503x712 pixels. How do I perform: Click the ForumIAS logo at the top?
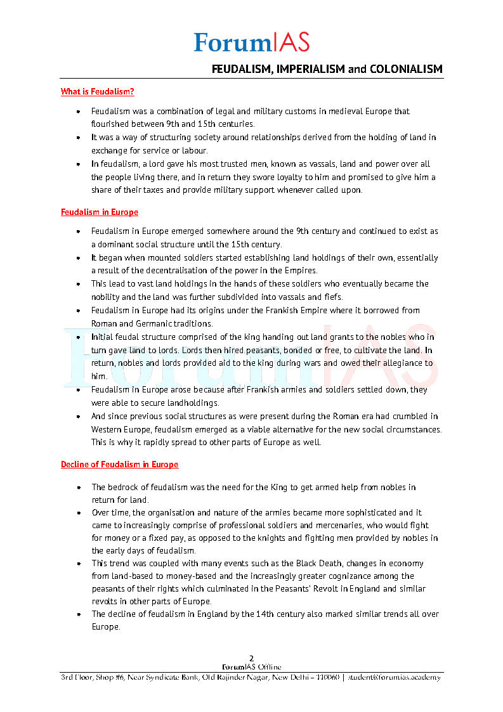pos(252,42)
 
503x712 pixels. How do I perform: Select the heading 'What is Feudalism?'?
pos(97,92)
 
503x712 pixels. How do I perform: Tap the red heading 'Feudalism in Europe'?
pos(99,212)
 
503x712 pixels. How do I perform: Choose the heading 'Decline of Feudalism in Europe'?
pos(119,465)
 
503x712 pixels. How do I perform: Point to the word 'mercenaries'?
pos(325,526)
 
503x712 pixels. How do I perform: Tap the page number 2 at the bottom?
pos(251,659)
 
